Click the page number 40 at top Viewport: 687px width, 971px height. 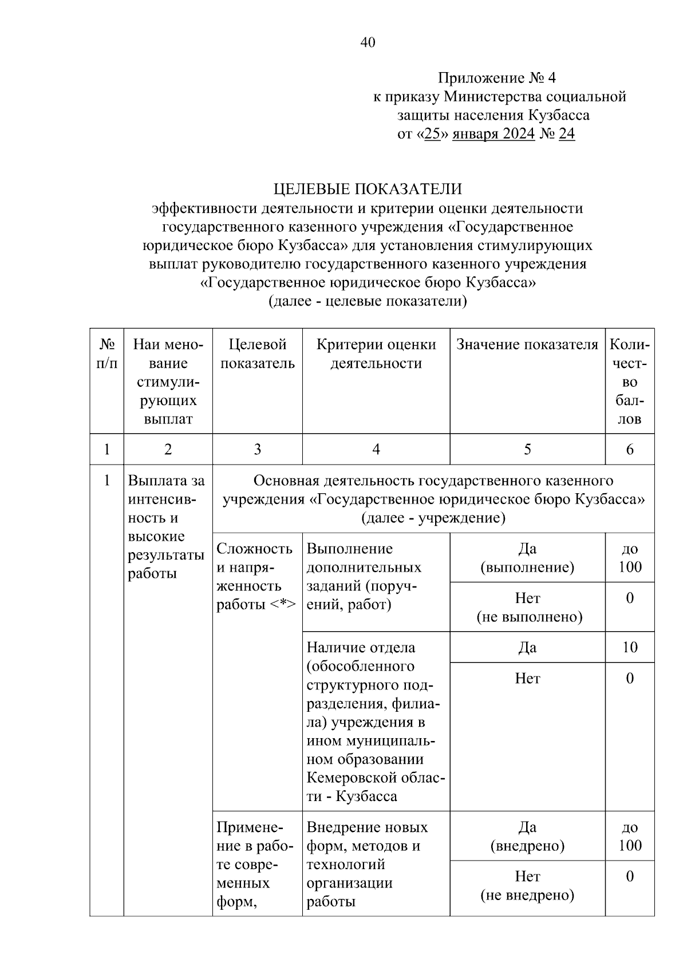pos(368,42)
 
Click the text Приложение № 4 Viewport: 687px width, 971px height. pos(497,78)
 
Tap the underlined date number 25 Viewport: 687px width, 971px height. pos(432,134)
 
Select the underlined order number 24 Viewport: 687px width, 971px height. pos(566,134)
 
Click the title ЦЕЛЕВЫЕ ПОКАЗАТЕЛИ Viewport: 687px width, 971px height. pos(368,189)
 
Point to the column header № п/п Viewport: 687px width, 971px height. pos(106,354)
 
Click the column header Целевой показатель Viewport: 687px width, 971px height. pos(258,354)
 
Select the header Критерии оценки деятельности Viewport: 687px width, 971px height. pos(376,354)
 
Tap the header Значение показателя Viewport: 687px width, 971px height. pos(527,344)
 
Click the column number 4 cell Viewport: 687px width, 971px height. pos(376,449)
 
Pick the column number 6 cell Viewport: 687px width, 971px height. pos(630,449)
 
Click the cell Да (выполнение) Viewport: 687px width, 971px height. pos(527,557)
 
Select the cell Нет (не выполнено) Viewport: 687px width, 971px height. pos(527,607)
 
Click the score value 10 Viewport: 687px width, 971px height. pos(630,647)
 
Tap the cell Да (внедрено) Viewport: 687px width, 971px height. pos(527,836)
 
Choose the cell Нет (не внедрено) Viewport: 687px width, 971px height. pos(527,885)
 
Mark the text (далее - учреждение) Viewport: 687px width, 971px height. pos(433,518)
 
